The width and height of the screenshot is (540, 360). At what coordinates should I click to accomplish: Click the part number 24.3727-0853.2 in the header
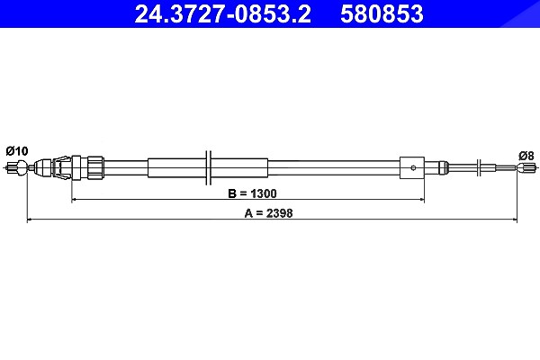coord(223,13)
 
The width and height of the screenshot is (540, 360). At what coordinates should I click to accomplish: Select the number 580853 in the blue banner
coord(382,13)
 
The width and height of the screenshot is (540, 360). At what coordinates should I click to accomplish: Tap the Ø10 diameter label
coord(17,151)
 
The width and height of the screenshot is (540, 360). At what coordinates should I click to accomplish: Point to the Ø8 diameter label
coord(526,156)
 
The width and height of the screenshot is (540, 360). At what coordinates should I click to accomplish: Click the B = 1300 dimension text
coord(252,193)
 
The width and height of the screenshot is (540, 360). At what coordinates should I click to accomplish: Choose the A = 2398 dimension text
coord(268,213)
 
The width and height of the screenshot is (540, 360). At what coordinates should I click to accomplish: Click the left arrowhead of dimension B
coord(74,199)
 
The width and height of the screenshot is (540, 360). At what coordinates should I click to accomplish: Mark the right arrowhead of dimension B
coord(421,199)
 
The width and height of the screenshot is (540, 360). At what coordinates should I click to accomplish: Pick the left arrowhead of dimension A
coord(30,219)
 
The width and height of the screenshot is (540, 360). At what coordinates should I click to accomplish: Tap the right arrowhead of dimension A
coord(514,219)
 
